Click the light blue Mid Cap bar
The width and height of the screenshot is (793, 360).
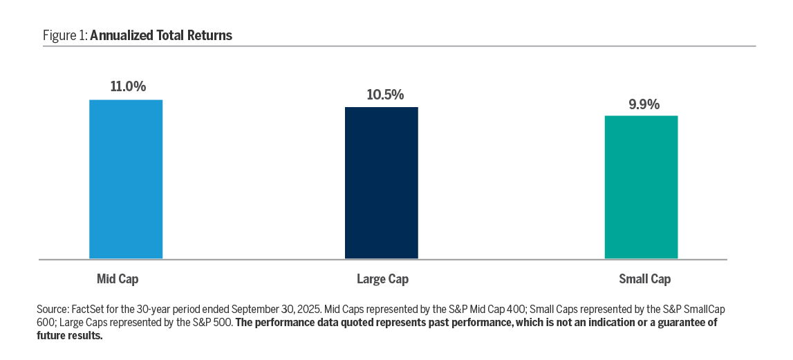[x=126, y=180]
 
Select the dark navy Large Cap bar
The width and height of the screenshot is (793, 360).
[x=382, y=183]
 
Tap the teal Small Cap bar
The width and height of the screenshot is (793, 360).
[x=641, y=187]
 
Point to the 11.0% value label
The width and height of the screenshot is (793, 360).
[x=128, y=87]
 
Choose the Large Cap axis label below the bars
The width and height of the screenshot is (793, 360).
[x=382, y=279]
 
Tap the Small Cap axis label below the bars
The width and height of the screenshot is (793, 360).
[x=644, y=279]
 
